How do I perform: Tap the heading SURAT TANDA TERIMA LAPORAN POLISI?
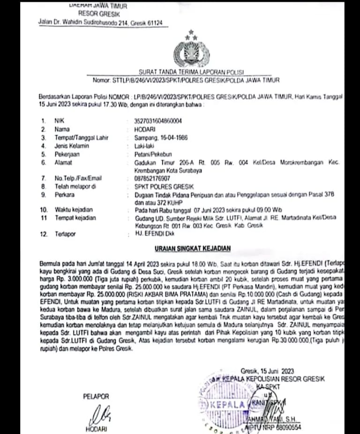(192, 72)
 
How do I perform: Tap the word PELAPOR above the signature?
(96, 397)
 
